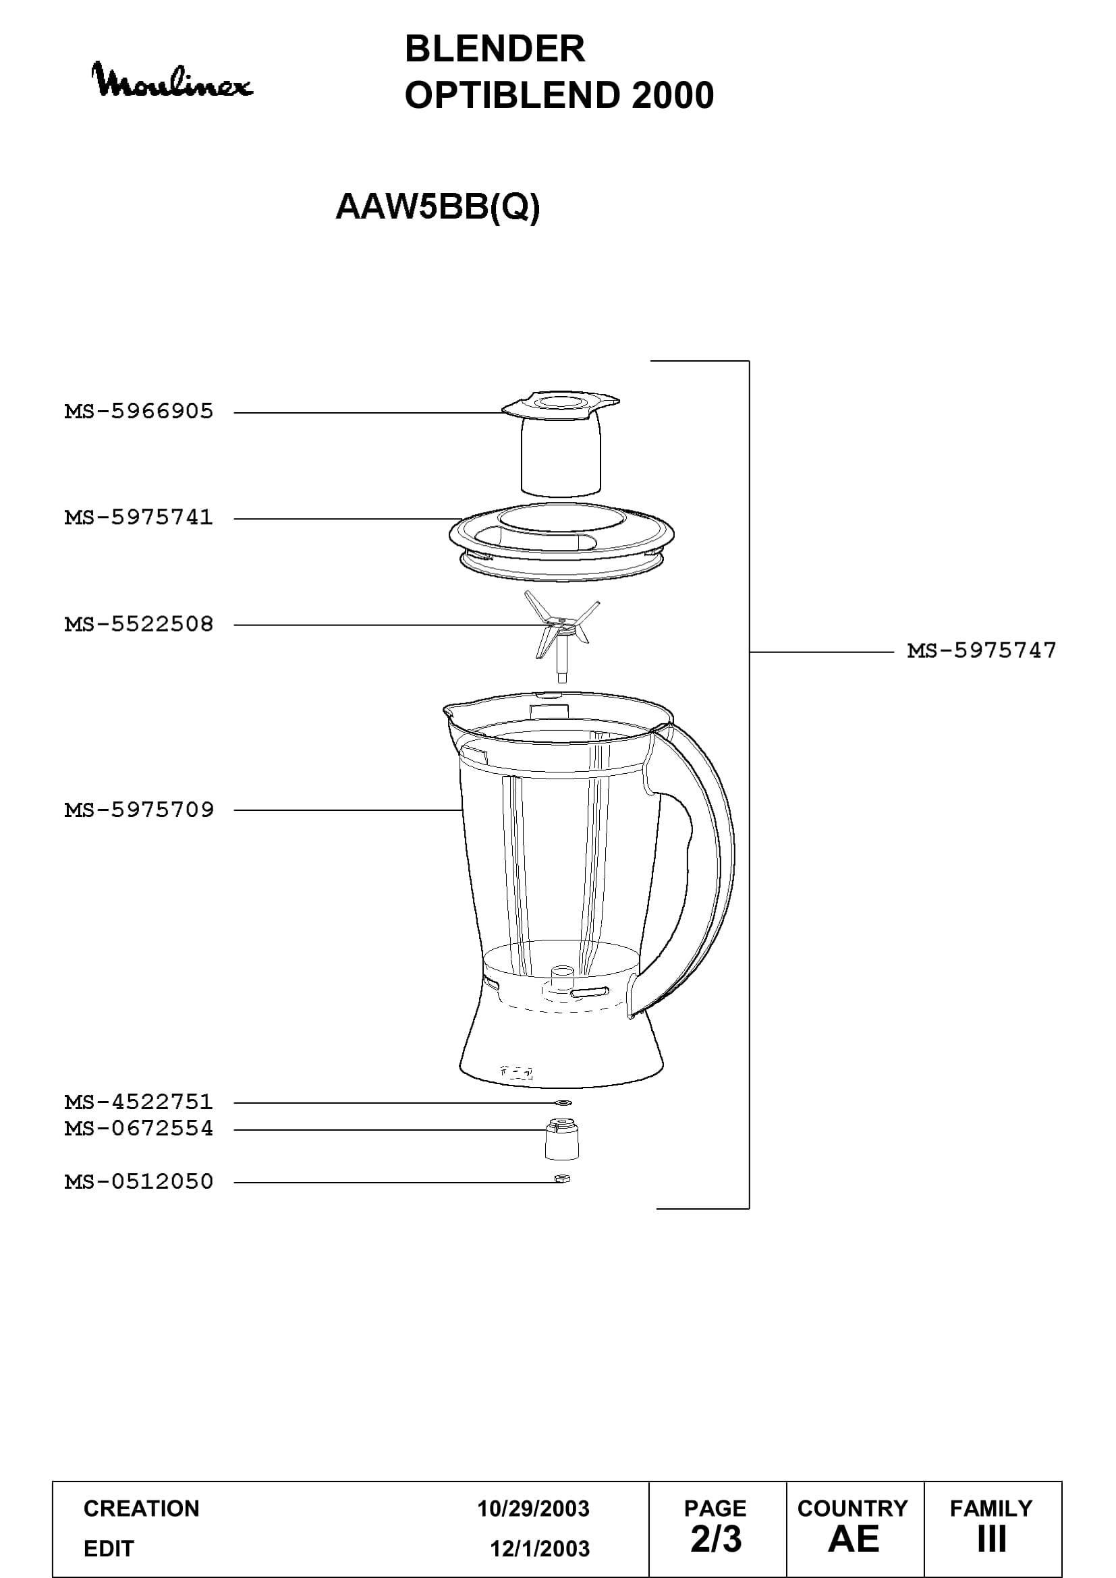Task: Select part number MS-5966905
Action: point(139,412)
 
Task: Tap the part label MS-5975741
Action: point(139,517)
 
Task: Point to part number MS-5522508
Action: point(139,624)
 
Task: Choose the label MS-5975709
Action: point(139,810)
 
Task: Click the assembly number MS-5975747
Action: point(982,650)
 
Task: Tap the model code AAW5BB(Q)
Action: point(438,207)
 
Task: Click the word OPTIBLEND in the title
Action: point(513,95)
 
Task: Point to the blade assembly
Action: point(561,636)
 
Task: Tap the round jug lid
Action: point(561,542)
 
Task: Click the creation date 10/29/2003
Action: point(533,1509)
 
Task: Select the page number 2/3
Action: point(716,1539)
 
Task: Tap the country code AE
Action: point(854,1539)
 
